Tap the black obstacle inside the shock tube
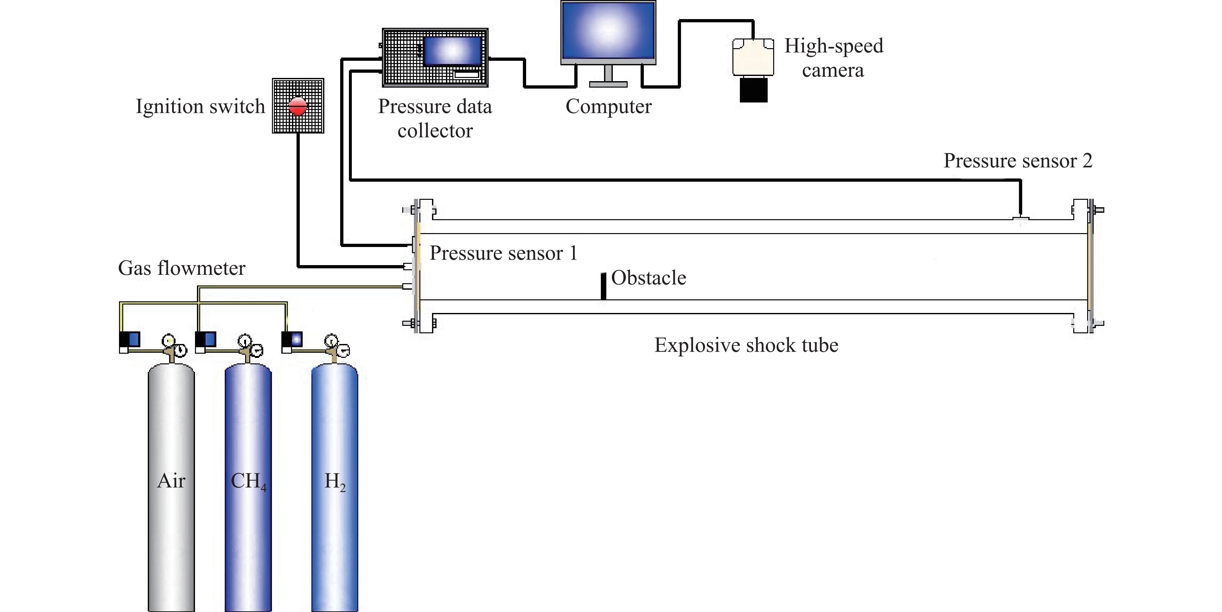click(x=603, y=286)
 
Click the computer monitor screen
click(x=608, y=29)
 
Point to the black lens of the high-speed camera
click(x=753, y=90)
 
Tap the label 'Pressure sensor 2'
click(x=1018, y=161)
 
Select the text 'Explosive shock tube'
click(x=746, y=345)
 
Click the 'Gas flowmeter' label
click(x=182, y=268)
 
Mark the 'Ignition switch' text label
click(x=200, y=106)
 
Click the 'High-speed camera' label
click(x=834, y=58)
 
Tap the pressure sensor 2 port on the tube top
click(x=1021, y=218)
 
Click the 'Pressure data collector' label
click(x=435, y=118)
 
